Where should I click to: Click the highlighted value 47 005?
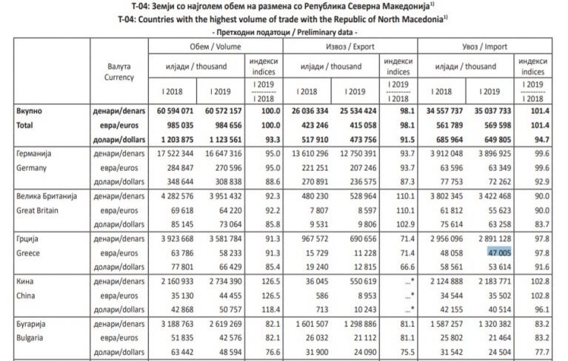click(500, 252)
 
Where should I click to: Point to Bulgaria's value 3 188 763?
click(174, 325)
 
